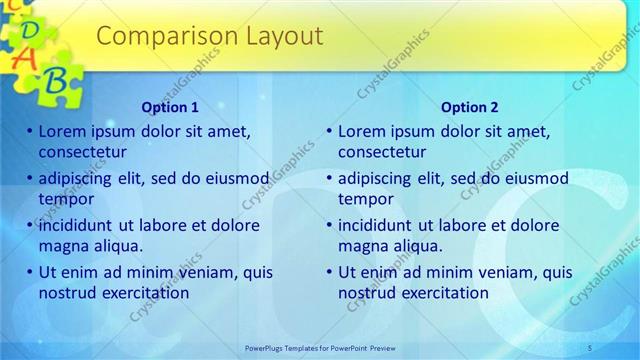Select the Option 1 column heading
click(x=170, y=107)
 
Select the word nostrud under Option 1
click(x=68, y=293)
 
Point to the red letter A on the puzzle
click(x=27, y=57)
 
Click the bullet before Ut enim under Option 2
click(x=329, y=272)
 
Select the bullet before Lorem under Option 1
click(x=30, y=131)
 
